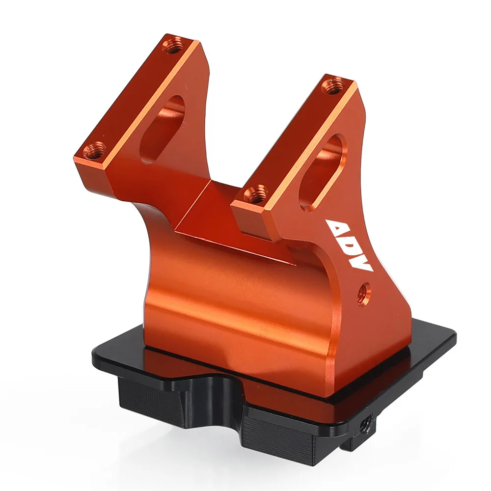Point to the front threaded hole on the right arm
click(255, 194)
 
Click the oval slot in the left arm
click(163, 129)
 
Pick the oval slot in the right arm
click(323, 172)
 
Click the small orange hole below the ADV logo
click(364, 294)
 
